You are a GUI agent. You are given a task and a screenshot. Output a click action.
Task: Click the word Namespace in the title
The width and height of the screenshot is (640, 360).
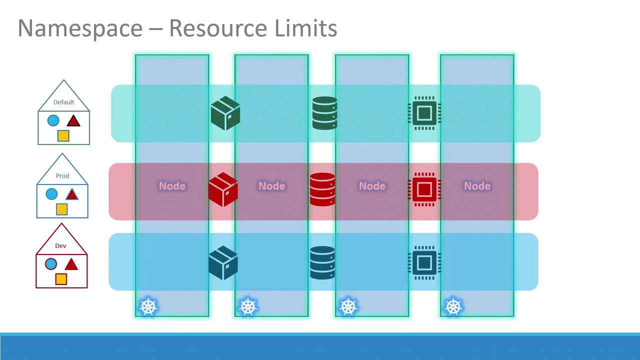[80, 29]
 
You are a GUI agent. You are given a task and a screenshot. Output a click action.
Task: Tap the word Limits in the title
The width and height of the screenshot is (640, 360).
[305, 28]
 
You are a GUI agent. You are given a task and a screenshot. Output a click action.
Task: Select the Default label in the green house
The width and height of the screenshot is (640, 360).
[63, 102]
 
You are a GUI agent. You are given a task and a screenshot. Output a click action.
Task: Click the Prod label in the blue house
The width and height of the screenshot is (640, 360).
[62, 175]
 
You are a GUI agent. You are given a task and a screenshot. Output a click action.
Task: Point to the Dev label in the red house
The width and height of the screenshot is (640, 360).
[60, 245]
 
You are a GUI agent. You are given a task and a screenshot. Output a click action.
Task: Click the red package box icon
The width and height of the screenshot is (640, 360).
[223, 189]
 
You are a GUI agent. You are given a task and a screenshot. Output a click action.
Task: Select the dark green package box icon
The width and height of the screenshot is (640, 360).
[225, 113]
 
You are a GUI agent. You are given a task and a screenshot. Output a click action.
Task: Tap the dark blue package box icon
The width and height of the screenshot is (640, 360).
[223, 262]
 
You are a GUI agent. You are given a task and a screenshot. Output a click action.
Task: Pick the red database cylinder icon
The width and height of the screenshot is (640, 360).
[322, 189]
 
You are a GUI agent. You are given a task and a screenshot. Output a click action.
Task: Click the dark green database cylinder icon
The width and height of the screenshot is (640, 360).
[325, 113]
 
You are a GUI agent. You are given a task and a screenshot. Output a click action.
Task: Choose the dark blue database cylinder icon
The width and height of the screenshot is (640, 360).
[322, 262]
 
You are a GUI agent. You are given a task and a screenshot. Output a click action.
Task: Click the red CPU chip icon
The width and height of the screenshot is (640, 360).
[424, 189]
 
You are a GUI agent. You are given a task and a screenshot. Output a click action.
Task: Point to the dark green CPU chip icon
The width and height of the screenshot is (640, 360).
[424, 113]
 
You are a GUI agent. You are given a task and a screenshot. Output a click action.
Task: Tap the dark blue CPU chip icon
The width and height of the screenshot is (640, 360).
[424, 262]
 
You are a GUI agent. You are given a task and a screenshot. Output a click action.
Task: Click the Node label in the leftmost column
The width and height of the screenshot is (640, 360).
[172, 186]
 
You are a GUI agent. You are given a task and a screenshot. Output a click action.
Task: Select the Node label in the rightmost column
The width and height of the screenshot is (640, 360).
[477, 186]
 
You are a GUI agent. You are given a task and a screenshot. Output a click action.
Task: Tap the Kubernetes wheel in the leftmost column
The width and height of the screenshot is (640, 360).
[148, 307]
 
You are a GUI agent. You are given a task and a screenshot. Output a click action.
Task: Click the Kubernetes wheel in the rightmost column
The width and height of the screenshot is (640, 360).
[453, 307]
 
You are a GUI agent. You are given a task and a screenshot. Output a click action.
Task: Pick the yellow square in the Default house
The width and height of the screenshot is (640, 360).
[63, 135]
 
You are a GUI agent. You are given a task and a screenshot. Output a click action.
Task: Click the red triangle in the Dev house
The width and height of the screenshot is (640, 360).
[71, 264]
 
